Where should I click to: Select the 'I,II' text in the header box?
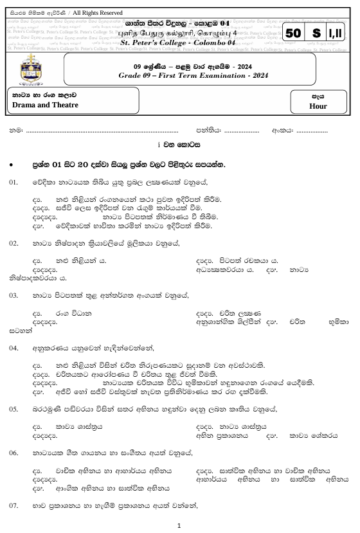coord(336,33)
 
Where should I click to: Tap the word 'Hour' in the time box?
coord(318,106)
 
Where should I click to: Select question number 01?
coord(14,183)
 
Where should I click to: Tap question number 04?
coord(14,347)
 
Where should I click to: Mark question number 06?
coord(14,453)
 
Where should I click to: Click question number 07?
coord(14,507)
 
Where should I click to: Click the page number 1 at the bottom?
coord(180,525)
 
